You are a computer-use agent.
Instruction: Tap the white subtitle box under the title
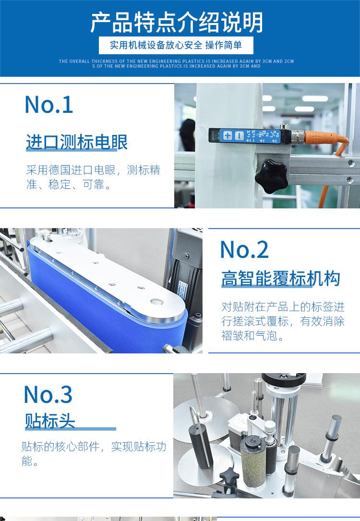click(176, 46)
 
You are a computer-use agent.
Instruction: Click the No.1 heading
click(48, 105)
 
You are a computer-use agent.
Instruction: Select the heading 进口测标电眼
click(76, 143)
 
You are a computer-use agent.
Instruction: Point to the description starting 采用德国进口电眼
click(93, 177)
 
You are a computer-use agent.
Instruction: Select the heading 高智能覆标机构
click(281, 279)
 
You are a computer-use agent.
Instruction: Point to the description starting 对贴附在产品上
click(283, 321)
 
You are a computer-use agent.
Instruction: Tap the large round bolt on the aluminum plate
click(156, 302)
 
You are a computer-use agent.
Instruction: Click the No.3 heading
click(48, 394)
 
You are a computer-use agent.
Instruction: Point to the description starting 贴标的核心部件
click(94, 454)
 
